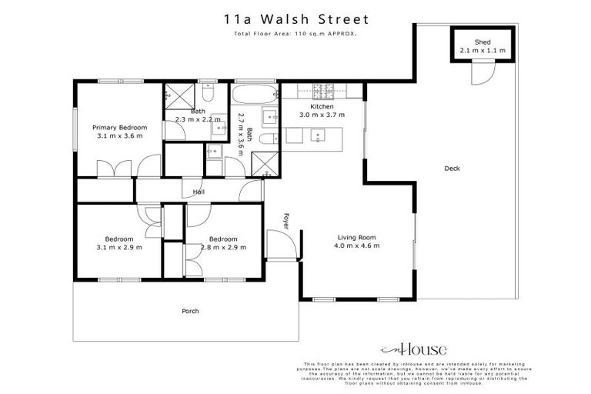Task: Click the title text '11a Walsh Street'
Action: tap(295, 18)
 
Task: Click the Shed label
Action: tap(483, 42)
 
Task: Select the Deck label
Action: tap(452, 169)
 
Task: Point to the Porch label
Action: tap(190, 311)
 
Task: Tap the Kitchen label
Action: tap(322, 106)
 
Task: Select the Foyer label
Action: tap(286, 220)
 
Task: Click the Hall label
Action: tap(199, 192)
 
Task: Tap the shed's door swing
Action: tap(482, 74)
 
